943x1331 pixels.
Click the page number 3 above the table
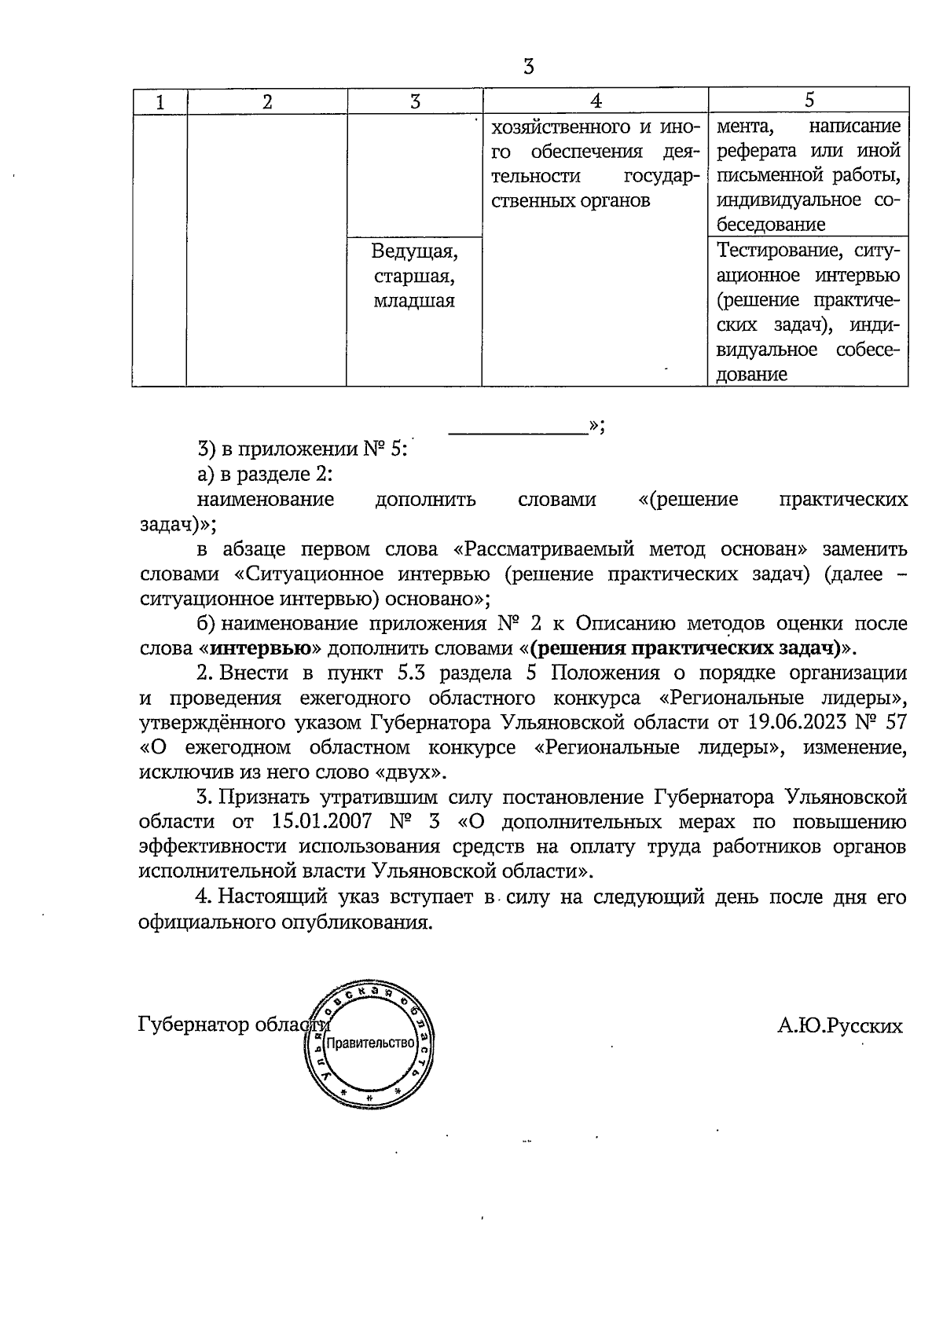528,67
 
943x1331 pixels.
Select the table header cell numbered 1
160,101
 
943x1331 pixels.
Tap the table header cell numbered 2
267,101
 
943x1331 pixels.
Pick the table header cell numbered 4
596,101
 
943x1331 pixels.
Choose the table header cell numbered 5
809,101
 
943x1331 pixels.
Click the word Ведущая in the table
414,251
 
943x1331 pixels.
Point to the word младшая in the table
414,301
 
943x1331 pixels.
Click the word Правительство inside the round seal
369,1043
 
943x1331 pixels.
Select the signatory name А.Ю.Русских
839,1025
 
